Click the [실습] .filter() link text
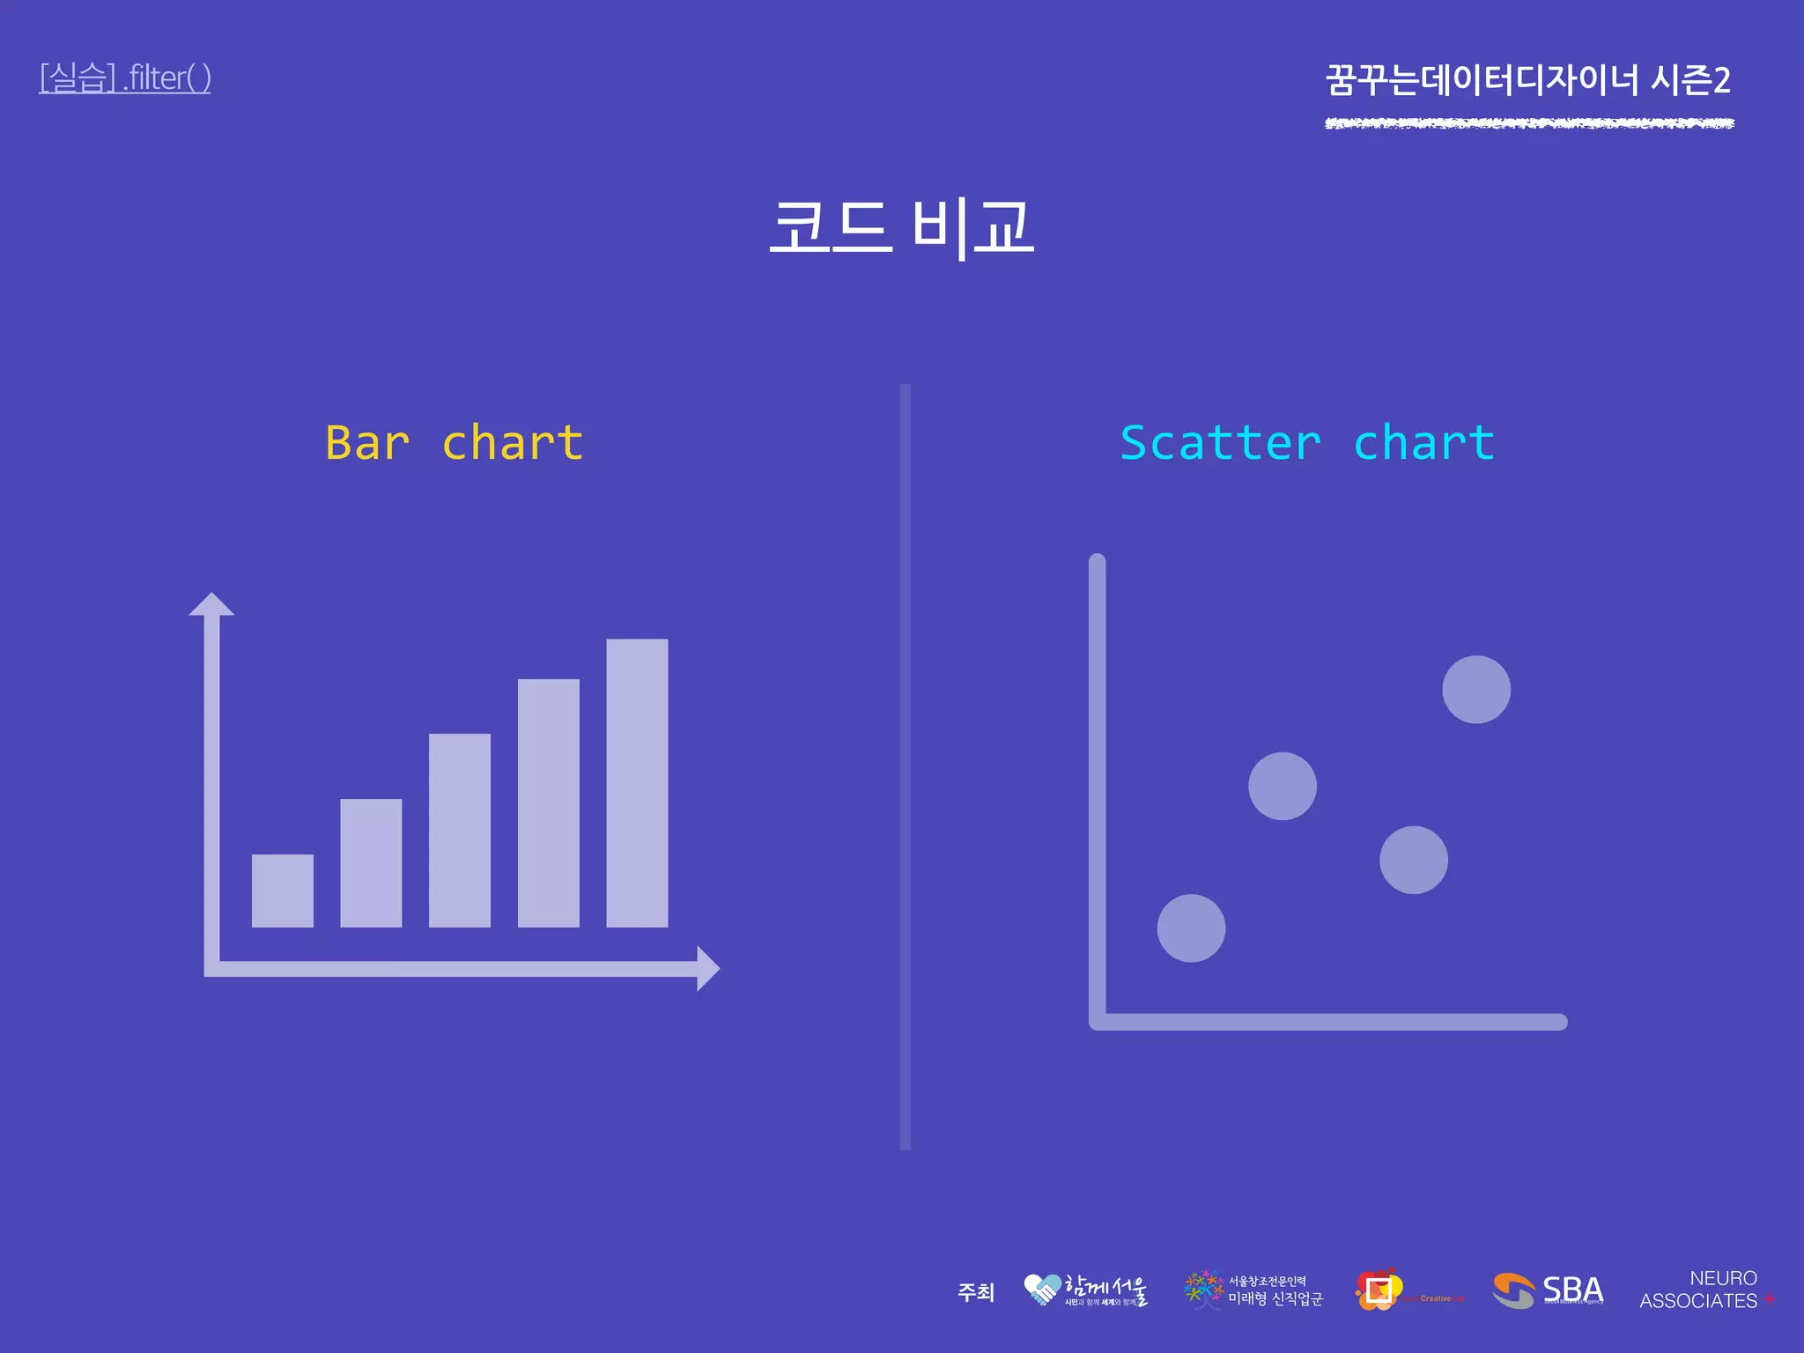(x=124, y=78)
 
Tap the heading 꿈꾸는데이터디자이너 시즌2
(x=1528, y=80)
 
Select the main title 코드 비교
(x=901, y=226)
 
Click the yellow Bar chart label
(x=454, y=442)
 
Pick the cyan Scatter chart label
(x=1307, y=442)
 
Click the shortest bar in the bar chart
(x=282, y=891)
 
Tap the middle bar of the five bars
(x=459, y=830)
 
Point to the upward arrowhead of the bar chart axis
(x=211, y=605)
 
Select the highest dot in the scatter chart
(x=1476, y=690)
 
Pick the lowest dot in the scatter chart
(x=1191, y=928)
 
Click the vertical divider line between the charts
(x=906, y=766)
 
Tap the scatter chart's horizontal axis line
(x=1330, y=1022)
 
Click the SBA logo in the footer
(x=1549, y=1290)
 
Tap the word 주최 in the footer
(x=976, y=1292)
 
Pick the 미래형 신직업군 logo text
(x=1275, y=1298)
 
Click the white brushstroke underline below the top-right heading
(x=1529, y=123)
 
